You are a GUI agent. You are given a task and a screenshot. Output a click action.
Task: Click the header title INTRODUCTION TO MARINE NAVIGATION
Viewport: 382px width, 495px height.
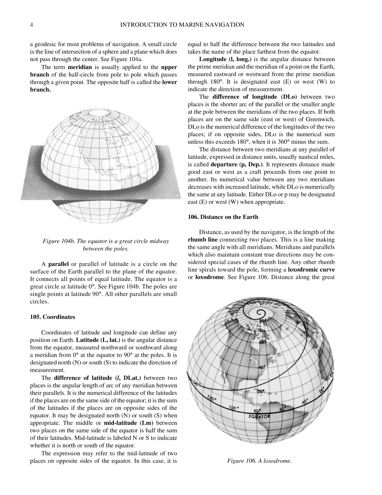[182, 25]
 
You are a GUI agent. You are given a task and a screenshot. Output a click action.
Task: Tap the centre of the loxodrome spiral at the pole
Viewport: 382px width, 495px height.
[258, 313]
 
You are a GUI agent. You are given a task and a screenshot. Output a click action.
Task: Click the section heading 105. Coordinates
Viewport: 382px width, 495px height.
[52, 317]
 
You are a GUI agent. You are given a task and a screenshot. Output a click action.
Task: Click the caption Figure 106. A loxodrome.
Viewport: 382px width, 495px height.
[259, 461]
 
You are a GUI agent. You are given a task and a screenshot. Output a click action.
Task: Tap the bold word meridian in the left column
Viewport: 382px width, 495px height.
[80, 67]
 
